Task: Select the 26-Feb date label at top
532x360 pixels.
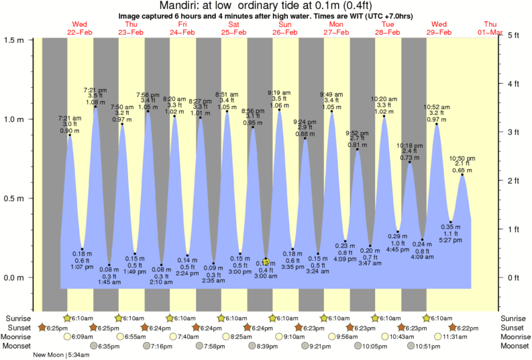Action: click(x=285, y=32)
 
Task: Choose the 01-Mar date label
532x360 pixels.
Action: click(x=509, y=32)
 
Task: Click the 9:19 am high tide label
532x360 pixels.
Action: click(x=279, y=93)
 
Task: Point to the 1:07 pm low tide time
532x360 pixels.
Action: click(x=82, y=267)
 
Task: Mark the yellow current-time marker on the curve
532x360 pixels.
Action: click(x=266, y=261)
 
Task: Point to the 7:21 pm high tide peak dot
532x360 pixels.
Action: click(x=95, y=107)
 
